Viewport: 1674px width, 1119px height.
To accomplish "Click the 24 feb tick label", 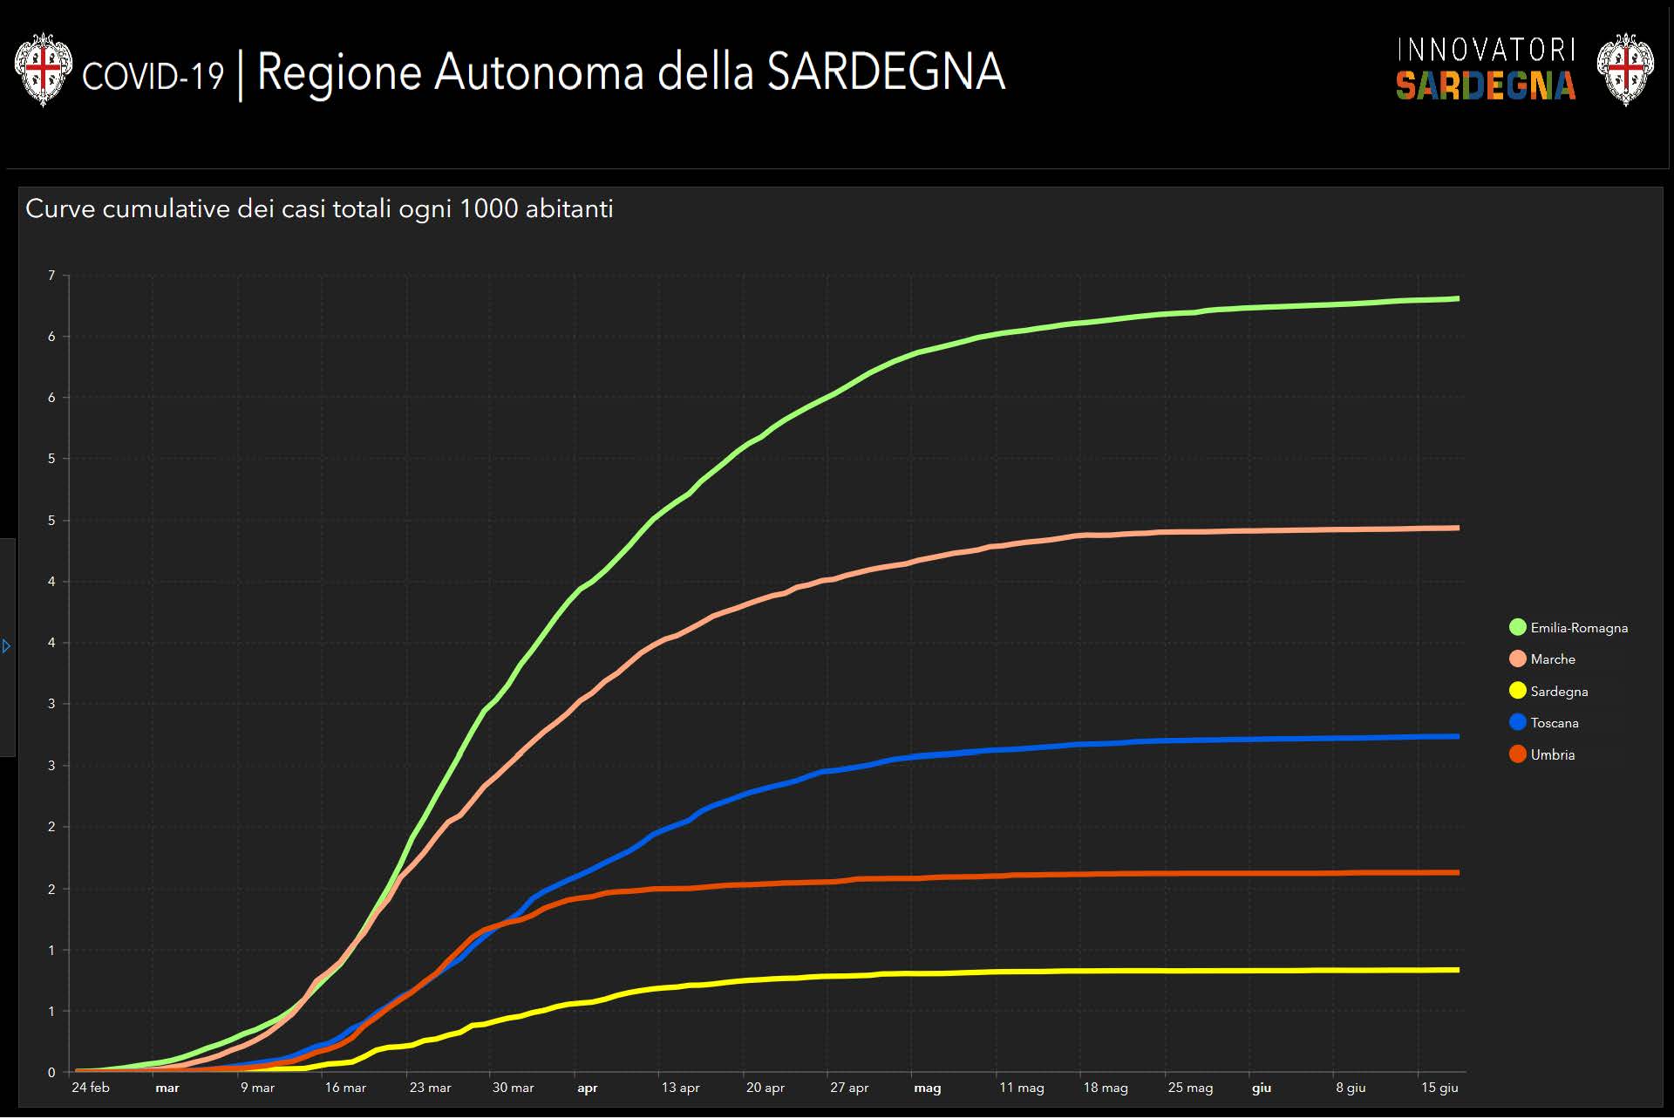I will point(91,1088).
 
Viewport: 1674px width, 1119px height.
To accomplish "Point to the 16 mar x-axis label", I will point(345,1088).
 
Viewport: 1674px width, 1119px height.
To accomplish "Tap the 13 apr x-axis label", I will point(680,1088).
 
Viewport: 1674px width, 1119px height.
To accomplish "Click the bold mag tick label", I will point(928,1088).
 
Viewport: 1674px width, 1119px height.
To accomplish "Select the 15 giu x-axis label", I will point(1439,1088).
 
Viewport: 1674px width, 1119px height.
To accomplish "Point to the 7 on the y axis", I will point(51,276).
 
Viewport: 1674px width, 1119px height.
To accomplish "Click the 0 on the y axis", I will point(51,1073).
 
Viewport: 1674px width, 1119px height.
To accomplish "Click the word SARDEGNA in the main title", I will point(886,72).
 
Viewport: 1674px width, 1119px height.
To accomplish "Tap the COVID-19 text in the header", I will point(153,76).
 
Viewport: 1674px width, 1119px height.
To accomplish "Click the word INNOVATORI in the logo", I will point(1486,50).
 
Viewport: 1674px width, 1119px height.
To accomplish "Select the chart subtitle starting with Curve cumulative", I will point(319,209).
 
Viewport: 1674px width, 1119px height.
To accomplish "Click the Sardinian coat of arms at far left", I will point(43,70).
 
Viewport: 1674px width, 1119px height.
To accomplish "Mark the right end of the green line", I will point(1458,299).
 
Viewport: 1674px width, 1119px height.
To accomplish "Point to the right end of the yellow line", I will point(1458,970).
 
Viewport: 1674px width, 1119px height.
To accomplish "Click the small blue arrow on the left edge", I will point(7,646).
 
